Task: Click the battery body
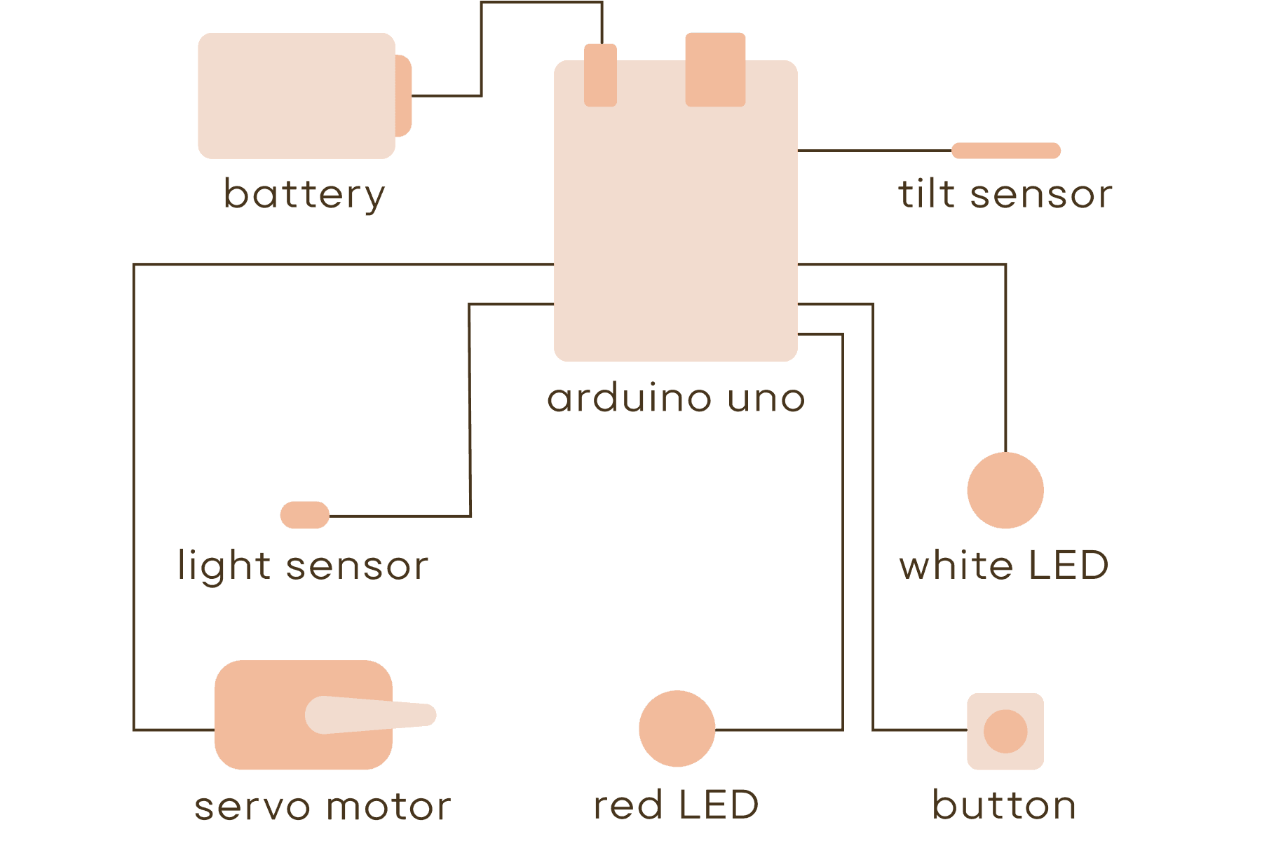(x=296, y=95)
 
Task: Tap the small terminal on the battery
(x=404, y=95)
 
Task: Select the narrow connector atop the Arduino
(x=601, y=75)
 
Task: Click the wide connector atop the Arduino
(x=715, y=69)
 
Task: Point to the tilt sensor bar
(x=1005, y=151)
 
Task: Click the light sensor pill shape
(x=305, y=515)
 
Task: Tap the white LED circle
(x=1005, y=490)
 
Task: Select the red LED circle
(x=677, y=729)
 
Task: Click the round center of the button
(x=1005, y=731)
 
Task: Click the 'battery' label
(x=304, y=194)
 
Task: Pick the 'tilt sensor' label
(x=1005, y=194)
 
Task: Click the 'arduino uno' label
(x=676, y=399)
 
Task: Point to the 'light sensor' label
(x=303, y=566)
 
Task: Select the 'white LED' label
(x=1004, y=566)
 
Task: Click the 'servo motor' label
(x=323, y=806)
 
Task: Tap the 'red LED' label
(x=676, y=805)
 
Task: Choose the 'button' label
(x=1004, y=805)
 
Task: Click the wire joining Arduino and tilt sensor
(x=874, y=151)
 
